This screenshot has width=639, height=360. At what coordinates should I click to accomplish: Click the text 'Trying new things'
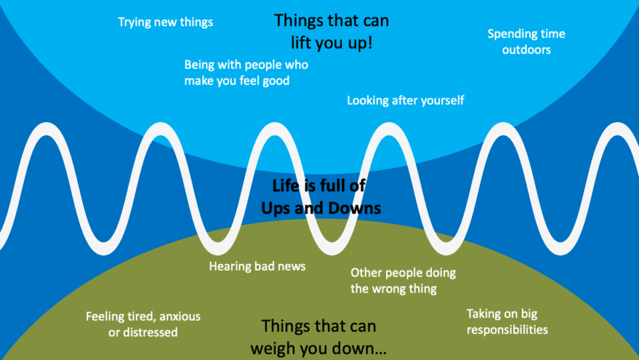click(166, 22)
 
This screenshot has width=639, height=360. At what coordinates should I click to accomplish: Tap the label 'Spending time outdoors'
click(526, 41)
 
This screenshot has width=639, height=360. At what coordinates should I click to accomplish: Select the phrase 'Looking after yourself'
click(405, 101)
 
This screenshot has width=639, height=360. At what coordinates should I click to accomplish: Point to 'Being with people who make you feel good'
click(246, 73)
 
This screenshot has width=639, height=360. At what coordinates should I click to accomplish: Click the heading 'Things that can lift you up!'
click(331, 31)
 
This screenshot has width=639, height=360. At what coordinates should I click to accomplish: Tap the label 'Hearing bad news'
click(258, 266)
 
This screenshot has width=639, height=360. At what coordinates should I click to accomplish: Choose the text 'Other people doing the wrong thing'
click(403, 281)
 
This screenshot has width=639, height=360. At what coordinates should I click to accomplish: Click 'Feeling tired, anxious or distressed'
click(143, 324)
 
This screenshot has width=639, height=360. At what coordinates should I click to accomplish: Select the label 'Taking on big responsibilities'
click(507, 321)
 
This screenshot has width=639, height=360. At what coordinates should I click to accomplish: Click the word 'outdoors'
click(526, 49)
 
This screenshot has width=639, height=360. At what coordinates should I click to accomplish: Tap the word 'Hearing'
click(230, 267)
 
